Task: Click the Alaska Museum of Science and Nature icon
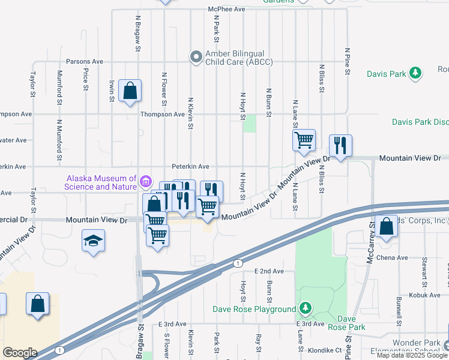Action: (145, 181)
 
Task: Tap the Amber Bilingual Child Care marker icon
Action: (196, 57)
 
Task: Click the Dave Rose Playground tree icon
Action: (306, 309)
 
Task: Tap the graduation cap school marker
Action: (93, 241)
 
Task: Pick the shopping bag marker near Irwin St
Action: (130, 91)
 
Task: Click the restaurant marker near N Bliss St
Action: (340, 145)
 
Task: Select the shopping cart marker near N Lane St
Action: (304, 140)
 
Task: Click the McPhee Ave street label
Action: (227, 10)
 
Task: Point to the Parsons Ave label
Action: (85, 61)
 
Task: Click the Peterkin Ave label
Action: (190, 166)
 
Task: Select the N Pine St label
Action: (347, 61)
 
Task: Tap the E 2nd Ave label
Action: (269, 271)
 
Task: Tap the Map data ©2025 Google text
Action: (412, 355)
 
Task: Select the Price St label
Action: (86, 79)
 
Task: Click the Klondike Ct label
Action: (327, 349)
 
